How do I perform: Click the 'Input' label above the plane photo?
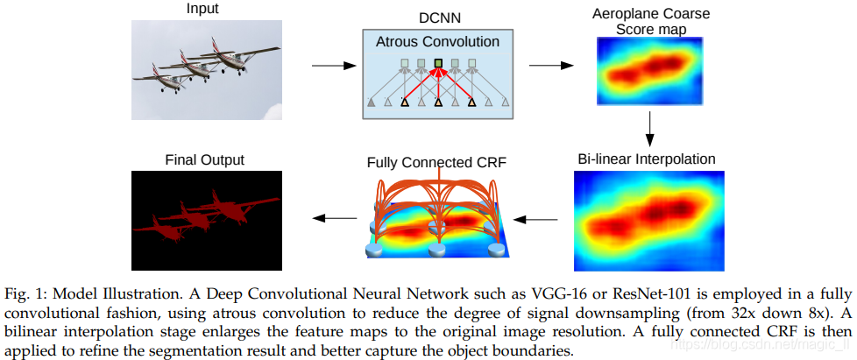(202, 9)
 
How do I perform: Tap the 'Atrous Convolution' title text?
(437, 41)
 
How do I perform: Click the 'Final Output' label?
(204, 159)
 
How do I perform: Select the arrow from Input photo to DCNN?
(329, 66)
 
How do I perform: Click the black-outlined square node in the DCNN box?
(437, 63)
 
